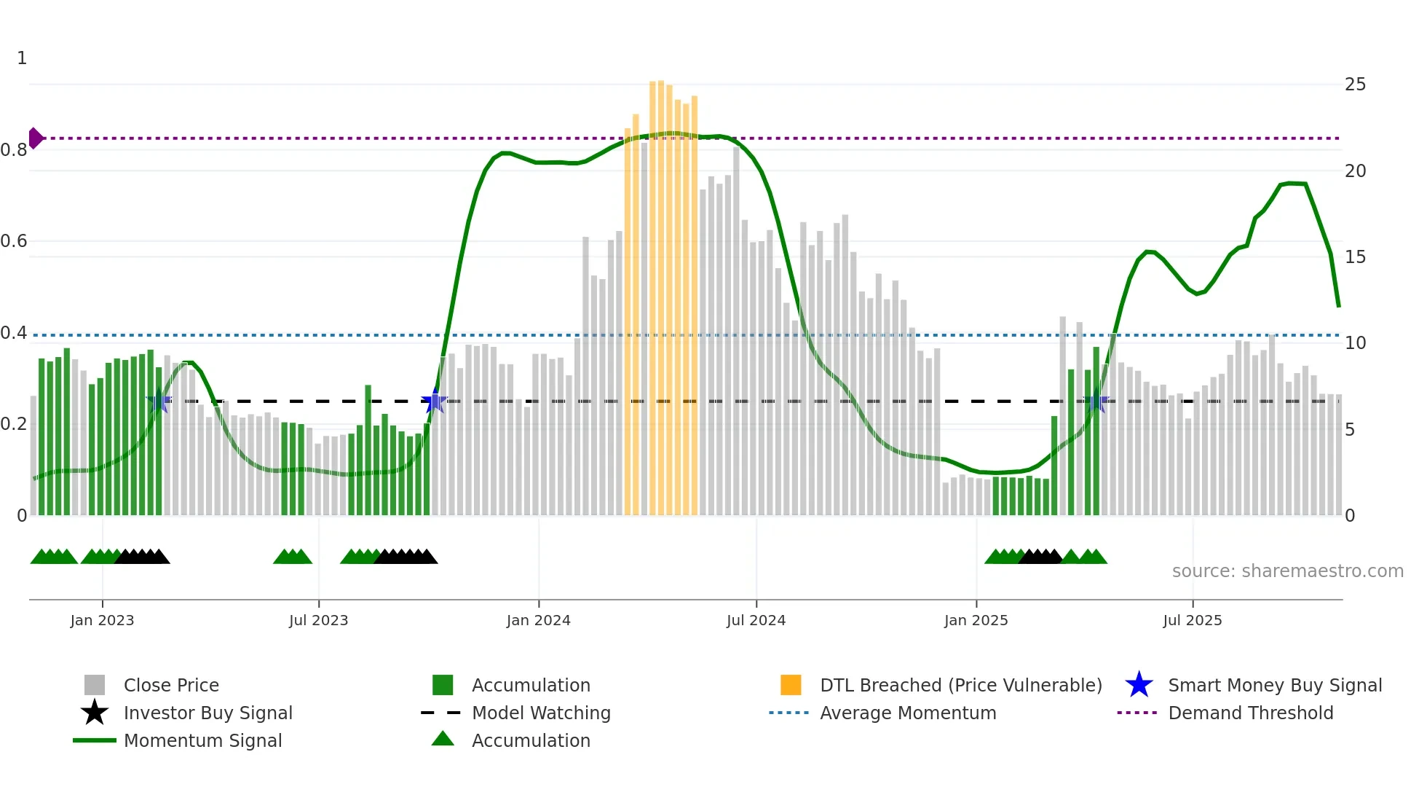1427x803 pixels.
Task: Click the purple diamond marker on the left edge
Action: (x=35, y=138)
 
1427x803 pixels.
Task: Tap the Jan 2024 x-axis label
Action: (x=538, y=620)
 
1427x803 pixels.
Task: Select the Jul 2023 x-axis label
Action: (x=318, y=620)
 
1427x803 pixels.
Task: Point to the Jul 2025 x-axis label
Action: (x=1192, y=620)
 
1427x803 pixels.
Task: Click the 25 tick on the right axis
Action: (x=1355, y=85)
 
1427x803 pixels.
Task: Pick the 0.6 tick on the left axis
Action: (x=15, y=241)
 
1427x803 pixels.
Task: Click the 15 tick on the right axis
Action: (x=1355, y=257)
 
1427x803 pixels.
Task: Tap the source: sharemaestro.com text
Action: (x=1287, y=571)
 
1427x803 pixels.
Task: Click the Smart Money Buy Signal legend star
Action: (x=1139, y=685)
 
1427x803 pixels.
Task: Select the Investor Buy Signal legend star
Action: (x=95, y=713)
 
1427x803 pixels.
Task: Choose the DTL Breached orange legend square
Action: (x=791, y=685)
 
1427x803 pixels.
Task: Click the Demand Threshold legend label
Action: (x=1250, y=713)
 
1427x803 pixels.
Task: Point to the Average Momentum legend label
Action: (x=907, y=713)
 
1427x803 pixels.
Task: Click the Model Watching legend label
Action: (x=541, y=713)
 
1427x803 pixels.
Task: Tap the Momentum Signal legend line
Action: (x=95, y=740)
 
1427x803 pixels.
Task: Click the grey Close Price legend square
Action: (x=95, y=685)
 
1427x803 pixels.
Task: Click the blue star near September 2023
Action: (x=434, y=401)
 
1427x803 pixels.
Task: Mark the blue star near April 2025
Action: (x=1096, y=401)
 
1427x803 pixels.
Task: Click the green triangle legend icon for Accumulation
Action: (x=443, y=739)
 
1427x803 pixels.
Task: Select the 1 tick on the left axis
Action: (x=22, y=58)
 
